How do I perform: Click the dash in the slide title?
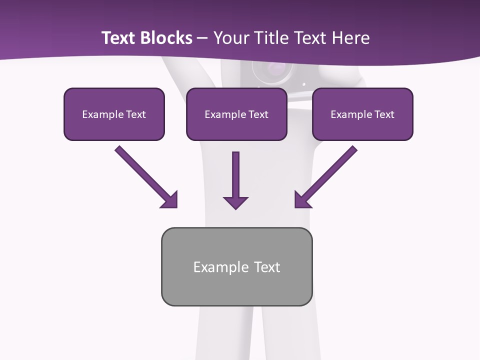click(202, 38)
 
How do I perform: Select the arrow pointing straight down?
click(235, 177)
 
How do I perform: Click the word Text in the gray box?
click(267, 267)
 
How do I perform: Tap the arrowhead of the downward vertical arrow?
click(235, 202)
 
